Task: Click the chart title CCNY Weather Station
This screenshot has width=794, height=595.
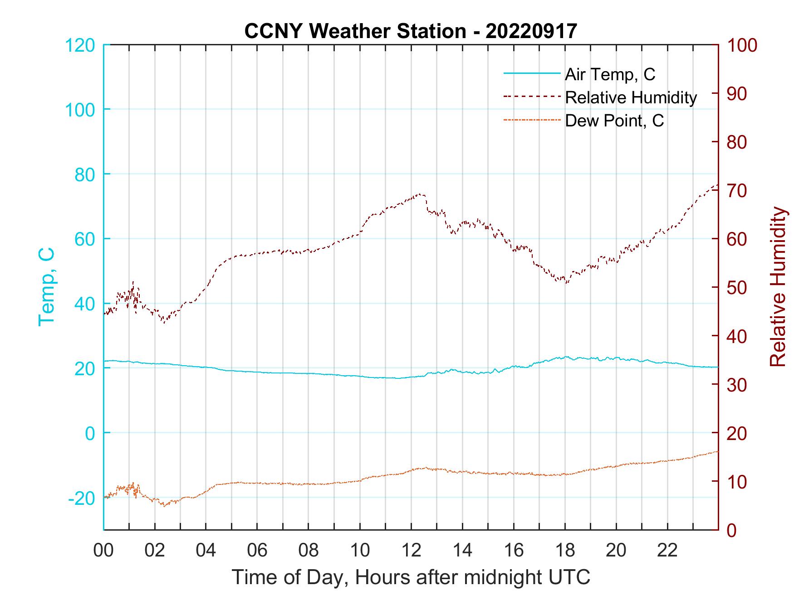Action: tap(411, 31)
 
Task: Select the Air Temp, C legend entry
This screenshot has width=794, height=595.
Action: tap(610, 74)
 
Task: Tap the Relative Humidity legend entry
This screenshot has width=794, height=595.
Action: tap(631, 97)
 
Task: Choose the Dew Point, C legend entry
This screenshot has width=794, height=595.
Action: tap(614, 121)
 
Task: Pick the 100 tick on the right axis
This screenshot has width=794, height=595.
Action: tap(742, 45)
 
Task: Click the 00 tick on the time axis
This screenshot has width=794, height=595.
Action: tap(103, 551)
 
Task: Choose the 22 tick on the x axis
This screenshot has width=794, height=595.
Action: tap(667, 551)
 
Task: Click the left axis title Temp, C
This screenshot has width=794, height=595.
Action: tap(47, 286)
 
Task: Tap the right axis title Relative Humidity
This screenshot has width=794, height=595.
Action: tap(778, 286)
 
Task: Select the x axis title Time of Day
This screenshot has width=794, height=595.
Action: tap(411, 577)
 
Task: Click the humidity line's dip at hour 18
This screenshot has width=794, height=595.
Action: tap(565, 282)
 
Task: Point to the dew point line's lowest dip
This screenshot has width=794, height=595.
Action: tap(164, 505)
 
